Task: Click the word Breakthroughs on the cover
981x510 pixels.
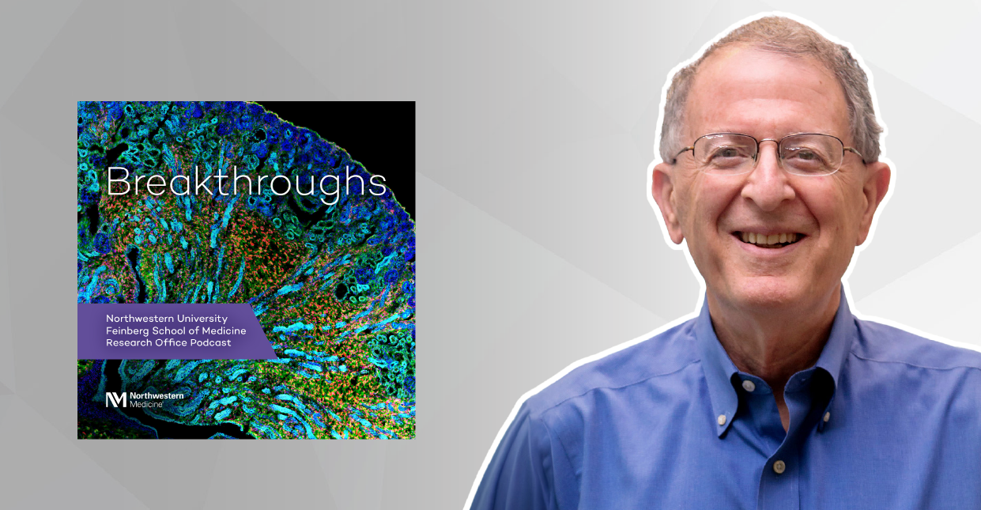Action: (x=247, y=183)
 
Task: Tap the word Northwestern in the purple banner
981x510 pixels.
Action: (x=140, y=318)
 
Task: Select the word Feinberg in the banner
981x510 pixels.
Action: (x=128, y=331)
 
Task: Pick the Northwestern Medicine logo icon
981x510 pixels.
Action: (x=115, y=400)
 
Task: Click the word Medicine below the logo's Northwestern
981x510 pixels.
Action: (x=146, y=405)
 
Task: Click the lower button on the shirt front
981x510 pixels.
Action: (x=779, y=467)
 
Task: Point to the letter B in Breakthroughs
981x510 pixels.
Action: (x=117, y=183)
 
